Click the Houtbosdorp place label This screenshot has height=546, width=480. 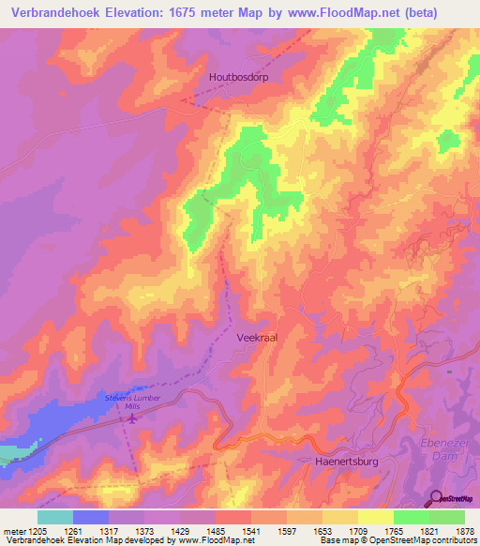[238, 78]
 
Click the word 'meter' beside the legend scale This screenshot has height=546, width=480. [16, 531]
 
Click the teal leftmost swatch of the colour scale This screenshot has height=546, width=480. [55, 517]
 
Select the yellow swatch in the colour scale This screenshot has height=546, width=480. [376, 517]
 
